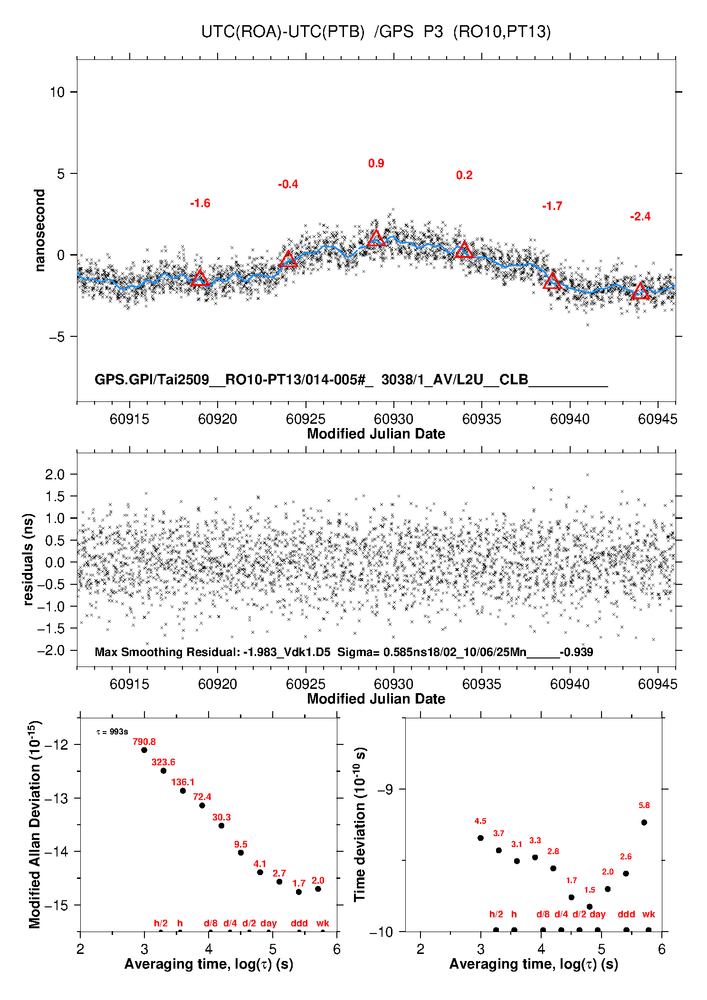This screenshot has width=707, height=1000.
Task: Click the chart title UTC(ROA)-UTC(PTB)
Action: click(283, 32)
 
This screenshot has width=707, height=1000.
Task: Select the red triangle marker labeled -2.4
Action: click(640, 291)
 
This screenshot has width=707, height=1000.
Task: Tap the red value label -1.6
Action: click(200, 203)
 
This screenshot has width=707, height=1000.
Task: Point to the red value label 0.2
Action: click(464, 175)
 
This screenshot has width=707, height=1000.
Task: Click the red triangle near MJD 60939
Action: click(552, 281)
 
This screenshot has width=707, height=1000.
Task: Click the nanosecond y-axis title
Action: click(40, 230)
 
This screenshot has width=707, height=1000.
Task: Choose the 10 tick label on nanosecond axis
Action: click(57, 92)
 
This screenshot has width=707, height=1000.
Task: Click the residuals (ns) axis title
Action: click(29, 559)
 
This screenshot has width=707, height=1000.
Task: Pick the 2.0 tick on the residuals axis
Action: click(55, 474)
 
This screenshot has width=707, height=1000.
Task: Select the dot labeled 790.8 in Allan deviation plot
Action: click(144, 750)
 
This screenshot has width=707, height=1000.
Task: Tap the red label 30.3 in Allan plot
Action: click(221, 817)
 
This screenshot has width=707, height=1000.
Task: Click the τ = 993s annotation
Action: click(112, 732)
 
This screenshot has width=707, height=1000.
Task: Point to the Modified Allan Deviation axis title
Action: click(35, 824)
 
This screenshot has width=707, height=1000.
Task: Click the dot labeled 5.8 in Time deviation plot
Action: click(644, 822)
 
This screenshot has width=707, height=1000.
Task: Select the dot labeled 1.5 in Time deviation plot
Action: click(590, 906)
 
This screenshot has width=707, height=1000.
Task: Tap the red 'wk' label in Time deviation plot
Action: click(649, 914)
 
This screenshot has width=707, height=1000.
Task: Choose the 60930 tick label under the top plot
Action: click(393, 419)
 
